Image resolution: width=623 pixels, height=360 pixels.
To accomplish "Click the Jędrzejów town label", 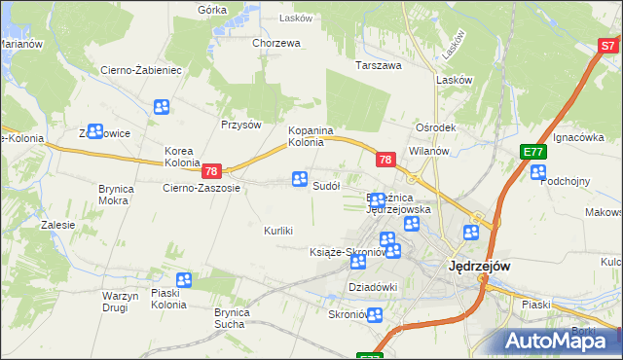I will click(479, 265).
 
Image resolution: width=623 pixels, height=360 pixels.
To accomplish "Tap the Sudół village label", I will click(325, 186).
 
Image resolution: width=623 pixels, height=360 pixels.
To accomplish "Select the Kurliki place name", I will click(278, 231).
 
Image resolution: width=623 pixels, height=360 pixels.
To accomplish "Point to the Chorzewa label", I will click(275, 43).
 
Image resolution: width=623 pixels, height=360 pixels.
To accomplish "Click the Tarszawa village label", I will click(379, 66).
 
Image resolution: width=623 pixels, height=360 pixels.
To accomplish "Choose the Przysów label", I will click(241, 125).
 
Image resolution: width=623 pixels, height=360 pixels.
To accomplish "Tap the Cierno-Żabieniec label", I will click(142, 70).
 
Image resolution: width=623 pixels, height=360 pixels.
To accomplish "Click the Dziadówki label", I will click(374, 286).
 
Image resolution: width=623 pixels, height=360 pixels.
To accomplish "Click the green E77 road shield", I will click(531, 152).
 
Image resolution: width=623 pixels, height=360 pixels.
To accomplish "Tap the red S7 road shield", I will click(609, 45).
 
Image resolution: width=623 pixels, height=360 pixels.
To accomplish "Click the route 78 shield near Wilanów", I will click(385, 159).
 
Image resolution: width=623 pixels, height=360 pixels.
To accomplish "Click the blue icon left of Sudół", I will click(299, 179).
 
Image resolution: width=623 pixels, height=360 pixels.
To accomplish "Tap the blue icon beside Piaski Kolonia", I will click(183, 280).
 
